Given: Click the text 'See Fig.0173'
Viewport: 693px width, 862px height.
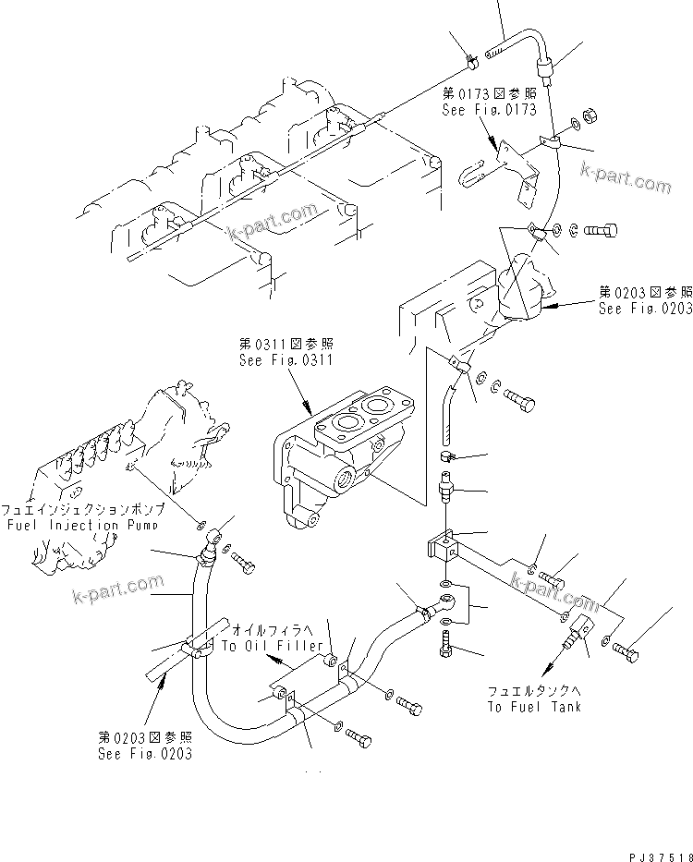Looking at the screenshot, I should pyautogui.click(x=489, y=109).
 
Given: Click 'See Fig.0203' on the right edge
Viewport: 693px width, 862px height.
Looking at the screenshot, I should pyautogui.click(x=644, y=310).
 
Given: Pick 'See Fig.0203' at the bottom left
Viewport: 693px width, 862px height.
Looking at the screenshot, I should pyautogui.click(x=145, y=753).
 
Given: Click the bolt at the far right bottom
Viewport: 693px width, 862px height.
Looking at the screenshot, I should pyautogui.click(x=626, y=654).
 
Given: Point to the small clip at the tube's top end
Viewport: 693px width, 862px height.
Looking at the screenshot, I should pyautogui.click(x=471, y=63).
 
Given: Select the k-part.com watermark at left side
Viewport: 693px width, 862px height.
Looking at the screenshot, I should pyautogui.click(x=116, y=588).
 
